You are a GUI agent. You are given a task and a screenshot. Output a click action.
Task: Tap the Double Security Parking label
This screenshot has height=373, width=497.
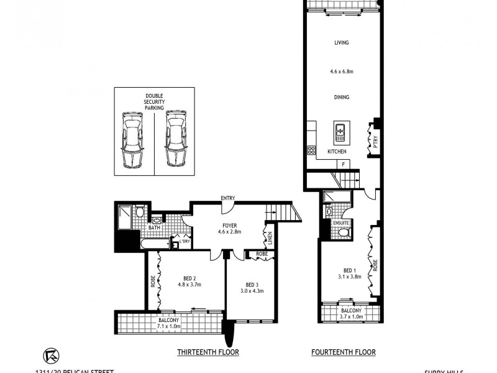154,101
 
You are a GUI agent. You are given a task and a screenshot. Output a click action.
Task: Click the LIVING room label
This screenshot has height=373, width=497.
340,43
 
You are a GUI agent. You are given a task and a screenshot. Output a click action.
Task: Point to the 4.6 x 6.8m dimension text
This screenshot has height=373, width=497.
341,71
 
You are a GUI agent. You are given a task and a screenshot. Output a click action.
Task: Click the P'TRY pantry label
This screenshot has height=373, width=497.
375,141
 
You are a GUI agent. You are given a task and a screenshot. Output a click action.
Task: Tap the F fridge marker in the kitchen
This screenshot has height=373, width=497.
342,163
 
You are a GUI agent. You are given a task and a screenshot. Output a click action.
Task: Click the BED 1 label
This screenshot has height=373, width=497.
350,270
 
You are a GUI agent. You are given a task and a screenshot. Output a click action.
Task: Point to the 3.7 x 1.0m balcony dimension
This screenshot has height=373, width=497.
351,317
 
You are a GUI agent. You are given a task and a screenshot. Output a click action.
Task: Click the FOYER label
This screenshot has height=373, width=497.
229,224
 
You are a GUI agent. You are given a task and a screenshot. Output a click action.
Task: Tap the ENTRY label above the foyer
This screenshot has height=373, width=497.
227,198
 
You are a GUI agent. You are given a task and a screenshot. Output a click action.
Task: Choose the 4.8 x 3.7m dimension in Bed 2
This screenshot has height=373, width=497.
189,285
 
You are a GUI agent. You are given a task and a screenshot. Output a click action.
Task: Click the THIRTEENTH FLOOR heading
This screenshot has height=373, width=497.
208,352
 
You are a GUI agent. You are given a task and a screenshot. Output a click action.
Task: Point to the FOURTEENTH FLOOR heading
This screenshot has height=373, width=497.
344,352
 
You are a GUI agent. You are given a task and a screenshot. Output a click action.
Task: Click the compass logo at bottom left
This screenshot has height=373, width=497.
50,355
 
